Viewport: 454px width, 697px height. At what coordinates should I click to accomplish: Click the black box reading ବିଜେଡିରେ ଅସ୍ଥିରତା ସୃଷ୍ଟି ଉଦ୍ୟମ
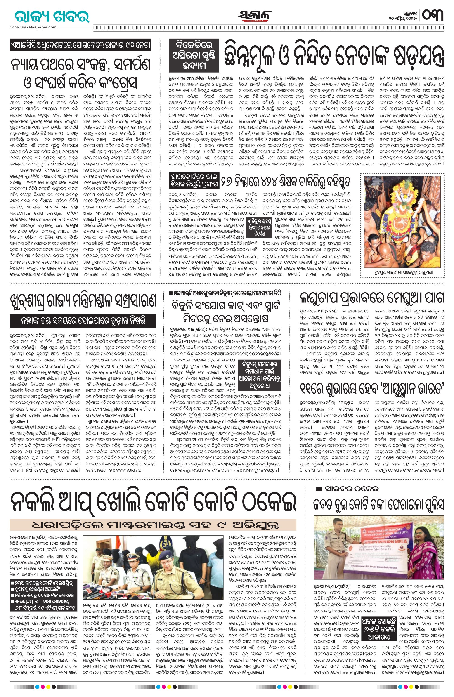[x=193, y=56]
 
